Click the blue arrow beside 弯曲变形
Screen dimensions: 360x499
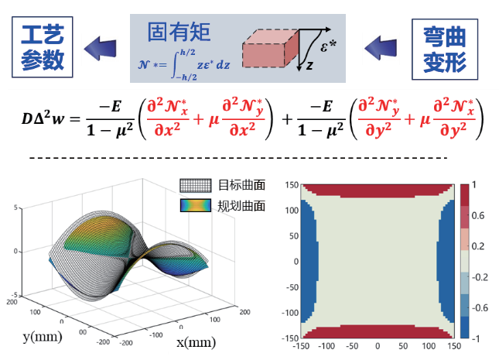(x=385, y=48)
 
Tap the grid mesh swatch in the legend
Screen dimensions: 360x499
(x=197, y=186)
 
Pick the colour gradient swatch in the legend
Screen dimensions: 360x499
(x=197, y=205)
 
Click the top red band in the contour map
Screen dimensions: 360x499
(x=376, y=190)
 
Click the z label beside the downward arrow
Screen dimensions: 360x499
(x=309, y=67)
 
